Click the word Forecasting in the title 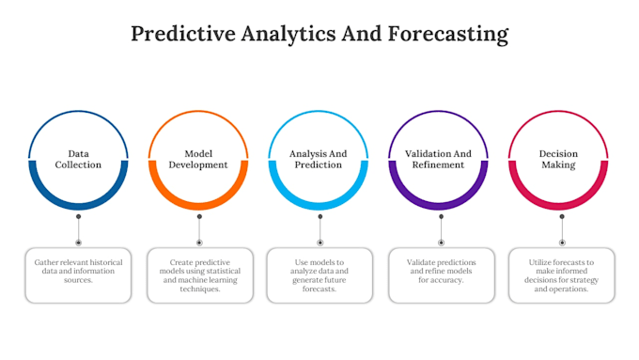pyautogui.click(x=448, y=34)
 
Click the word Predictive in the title pyautogui.click(x=183, y=34)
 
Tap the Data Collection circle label pyautogui.click(x=78, y=159)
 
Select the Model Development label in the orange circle pyautogui.click(x=198, y=159)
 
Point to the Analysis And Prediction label pyautogui.click(x=319, y=159)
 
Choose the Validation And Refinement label pyautogui.click(x=438, y=159)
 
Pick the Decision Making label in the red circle pyautogui.click(x=558, y=159)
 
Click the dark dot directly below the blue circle pyautogui.click(x=79, y=216)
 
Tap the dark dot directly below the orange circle pyautogui.click(x=199, y=216)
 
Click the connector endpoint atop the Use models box pyautogui.click(x=320, y=243)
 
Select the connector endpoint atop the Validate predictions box pyautogui.click(x=441, y=243)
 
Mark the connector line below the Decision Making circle pyautogui.click(x=562, y=229)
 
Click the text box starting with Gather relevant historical pyautogui.click(x=78, y=275)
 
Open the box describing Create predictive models pyautogui.click(x=200, y=275)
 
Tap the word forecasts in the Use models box pyautogui.click(x=319, y=290)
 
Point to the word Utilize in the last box pyautogui.click(x=540, y=262)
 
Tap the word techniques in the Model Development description pyautogui.click(x=199, y=290)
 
